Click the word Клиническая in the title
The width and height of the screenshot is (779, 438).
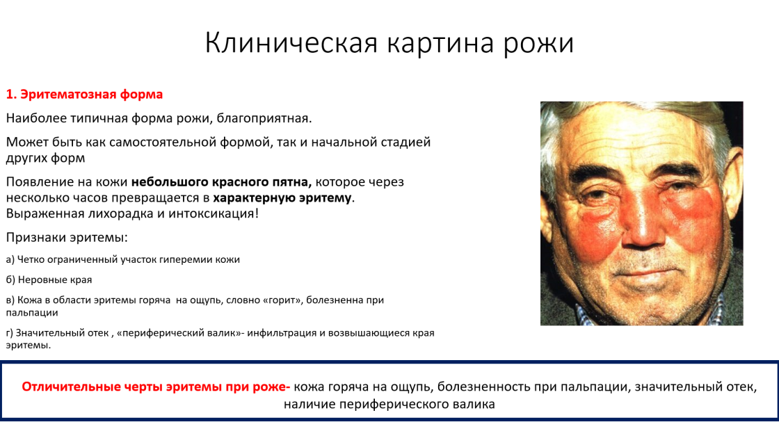click(291, 42)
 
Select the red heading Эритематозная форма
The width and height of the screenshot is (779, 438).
click(91, 95)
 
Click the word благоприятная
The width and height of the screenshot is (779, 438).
click(264, 118)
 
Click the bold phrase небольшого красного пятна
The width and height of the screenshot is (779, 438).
click(221, 181)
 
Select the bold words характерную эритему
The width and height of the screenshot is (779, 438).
click(282, 197)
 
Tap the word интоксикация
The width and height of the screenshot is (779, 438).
click(213, 213)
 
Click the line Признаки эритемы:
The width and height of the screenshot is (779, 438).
click(67, 237)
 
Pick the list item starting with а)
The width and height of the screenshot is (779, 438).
click(122, 259)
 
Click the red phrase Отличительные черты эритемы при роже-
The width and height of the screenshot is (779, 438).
click(156, 387)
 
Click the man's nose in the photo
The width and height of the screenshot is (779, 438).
click(645, 223)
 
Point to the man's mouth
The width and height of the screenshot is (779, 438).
click(647, 272)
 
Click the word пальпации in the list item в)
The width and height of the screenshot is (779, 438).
click(32, 313)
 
